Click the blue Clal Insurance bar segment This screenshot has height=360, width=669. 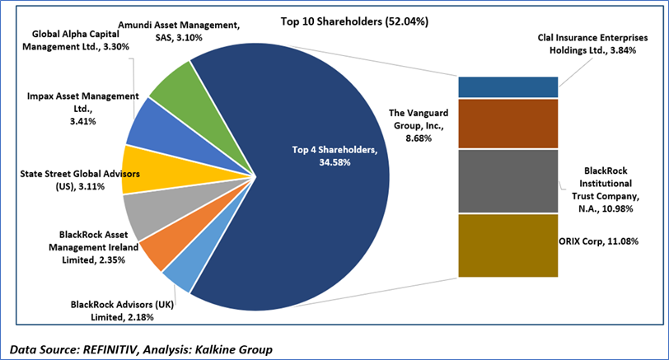pos(508,86)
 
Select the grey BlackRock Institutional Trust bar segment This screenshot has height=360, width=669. pos(508,181)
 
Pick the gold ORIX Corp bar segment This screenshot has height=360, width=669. pos(508,244)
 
